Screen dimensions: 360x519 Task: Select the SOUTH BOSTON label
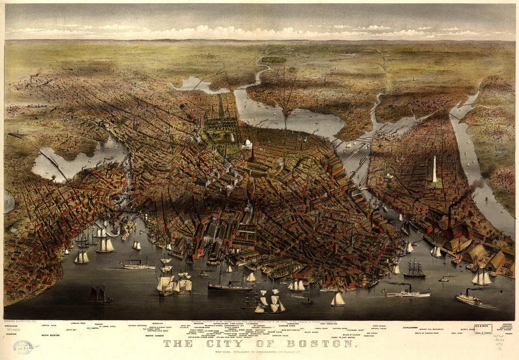point(50,335)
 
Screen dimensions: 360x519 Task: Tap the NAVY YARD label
point(458,333)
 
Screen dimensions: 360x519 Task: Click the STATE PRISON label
point(378,325)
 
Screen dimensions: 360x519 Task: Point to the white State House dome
point(247,143)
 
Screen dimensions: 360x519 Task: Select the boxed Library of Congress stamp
point(483,328)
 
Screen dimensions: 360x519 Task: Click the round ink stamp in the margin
point(23,347)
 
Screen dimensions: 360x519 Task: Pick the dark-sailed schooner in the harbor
point(100,295)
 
